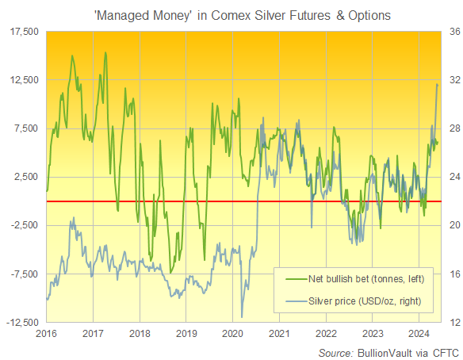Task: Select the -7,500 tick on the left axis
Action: [x=24, y=274]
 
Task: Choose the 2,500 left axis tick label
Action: [x=25, y=177]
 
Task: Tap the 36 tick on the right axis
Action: [x=451, y=32]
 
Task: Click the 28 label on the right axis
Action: [x=451, y=128]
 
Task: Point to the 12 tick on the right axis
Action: [x=451, y=323]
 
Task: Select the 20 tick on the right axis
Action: [x=451, y=226]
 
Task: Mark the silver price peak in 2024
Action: [x=438, y=83]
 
